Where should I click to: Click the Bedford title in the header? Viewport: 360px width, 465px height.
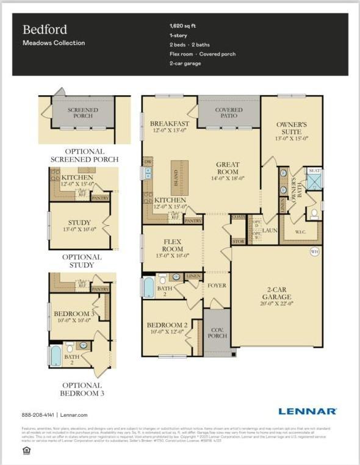[45, 29]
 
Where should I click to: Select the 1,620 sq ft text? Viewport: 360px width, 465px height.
[183, 26]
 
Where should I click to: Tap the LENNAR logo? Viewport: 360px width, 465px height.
[307, 411]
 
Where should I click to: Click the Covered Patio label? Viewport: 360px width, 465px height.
[229, 113]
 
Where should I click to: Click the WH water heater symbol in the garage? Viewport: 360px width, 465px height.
[315, 251]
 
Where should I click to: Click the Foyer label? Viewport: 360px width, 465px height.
[217, 286]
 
